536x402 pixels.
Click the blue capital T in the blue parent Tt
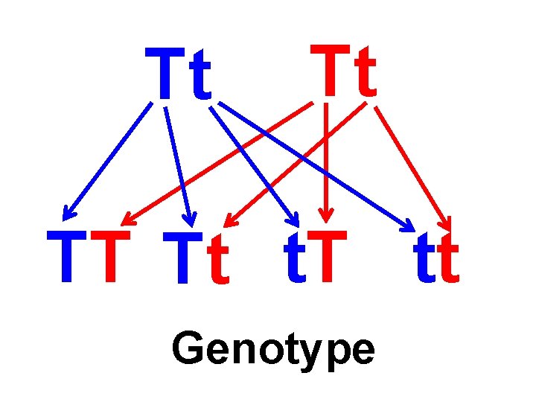pyautogui.click(x=165, y=74)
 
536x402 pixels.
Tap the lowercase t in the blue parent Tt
pyautogui.click(x=200, y=77)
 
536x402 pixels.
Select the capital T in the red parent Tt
pyautogui.click(x=329, y=71)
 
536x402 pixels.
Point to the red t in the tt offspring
pyautogui.click(x=448, y=261)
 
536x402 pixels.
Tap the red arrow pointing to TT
pyautogui.click(x=216, y=164)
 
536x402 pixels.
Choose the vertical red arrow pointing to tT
pyautogui.click(x=326, y=164)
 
